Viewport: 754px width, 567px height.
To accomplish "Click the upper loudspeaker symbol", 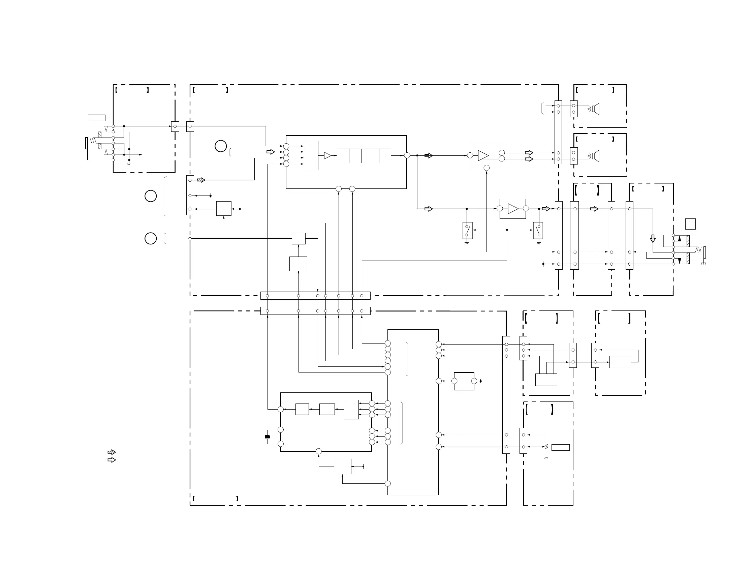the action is tap(596, 109).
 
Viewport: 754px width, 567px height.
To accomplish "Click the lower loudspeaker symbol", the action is tap(596, 156).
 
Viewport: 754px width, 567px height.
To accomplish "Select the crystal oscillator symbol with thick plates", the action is tap(267, 437).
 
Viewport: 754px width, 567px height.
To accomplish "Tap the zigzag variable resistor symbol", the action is tap(546, 447).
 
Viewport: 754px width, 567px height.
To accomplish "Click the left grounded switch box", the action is tap(467, 230).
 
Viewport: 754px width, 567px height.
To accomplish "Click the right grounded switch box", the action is tap(538, 230).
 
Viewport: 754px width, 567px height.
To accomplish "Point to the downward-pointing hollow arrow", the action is tap(653, 238).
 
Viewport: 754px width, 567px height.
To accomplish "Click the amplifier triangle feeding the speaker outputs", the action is tap(483, 155).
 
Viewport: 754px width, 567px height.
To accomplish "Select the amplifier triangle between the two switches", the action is tap(513, 209).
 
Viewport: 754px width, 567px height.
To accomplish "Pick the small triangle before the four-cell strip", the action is tap(327, 155).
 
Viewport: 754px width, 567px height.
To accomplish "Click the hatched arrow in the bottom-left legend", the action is tap(112, 452).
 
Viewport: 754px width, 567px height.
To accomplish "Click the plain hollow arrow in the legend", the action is tap(112, 460).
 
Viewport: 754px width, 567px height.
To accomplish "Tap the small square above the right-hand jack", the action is tap(690, 224).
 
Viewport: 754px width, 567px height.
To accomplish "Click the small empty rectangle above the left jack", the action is tap(96, 118).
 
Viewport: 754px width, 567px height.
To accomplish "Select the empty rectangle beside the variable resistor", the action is tap(560, 447).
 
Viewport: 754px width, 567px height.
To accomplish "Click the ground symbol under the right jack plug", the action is tap(703, 264).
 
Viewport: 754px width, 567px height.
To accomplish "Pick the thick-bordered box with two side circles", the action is tap(464, 381).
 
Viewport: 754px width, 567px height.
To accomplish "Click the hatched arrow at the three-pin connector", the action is tap(201, 180).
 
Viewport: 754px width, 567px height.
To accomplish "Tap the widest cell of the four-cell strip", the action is tap(370, 156).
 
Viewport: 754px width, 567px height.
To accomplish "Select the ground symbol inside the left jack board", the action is tap(129, 164).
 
